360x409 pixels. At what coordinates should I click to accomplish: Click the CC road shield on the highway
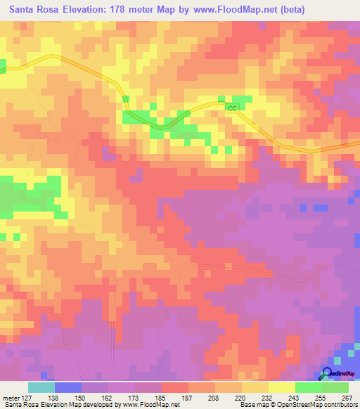(x=233, y=108)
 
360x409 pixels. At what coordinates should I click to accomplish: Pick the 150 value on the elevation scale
(x=82, y=398)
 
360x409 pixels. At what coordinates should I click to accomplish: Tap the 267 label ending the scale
(x=347, y=398)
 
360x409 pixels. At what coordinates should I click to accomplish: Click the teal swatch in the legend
(x=41, y=387)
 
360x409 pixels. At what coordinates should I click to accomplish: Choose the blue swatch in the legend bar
(x=68, y=387)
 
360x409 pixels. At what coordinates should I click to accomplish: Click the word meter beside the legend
(x=10, y=398)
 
